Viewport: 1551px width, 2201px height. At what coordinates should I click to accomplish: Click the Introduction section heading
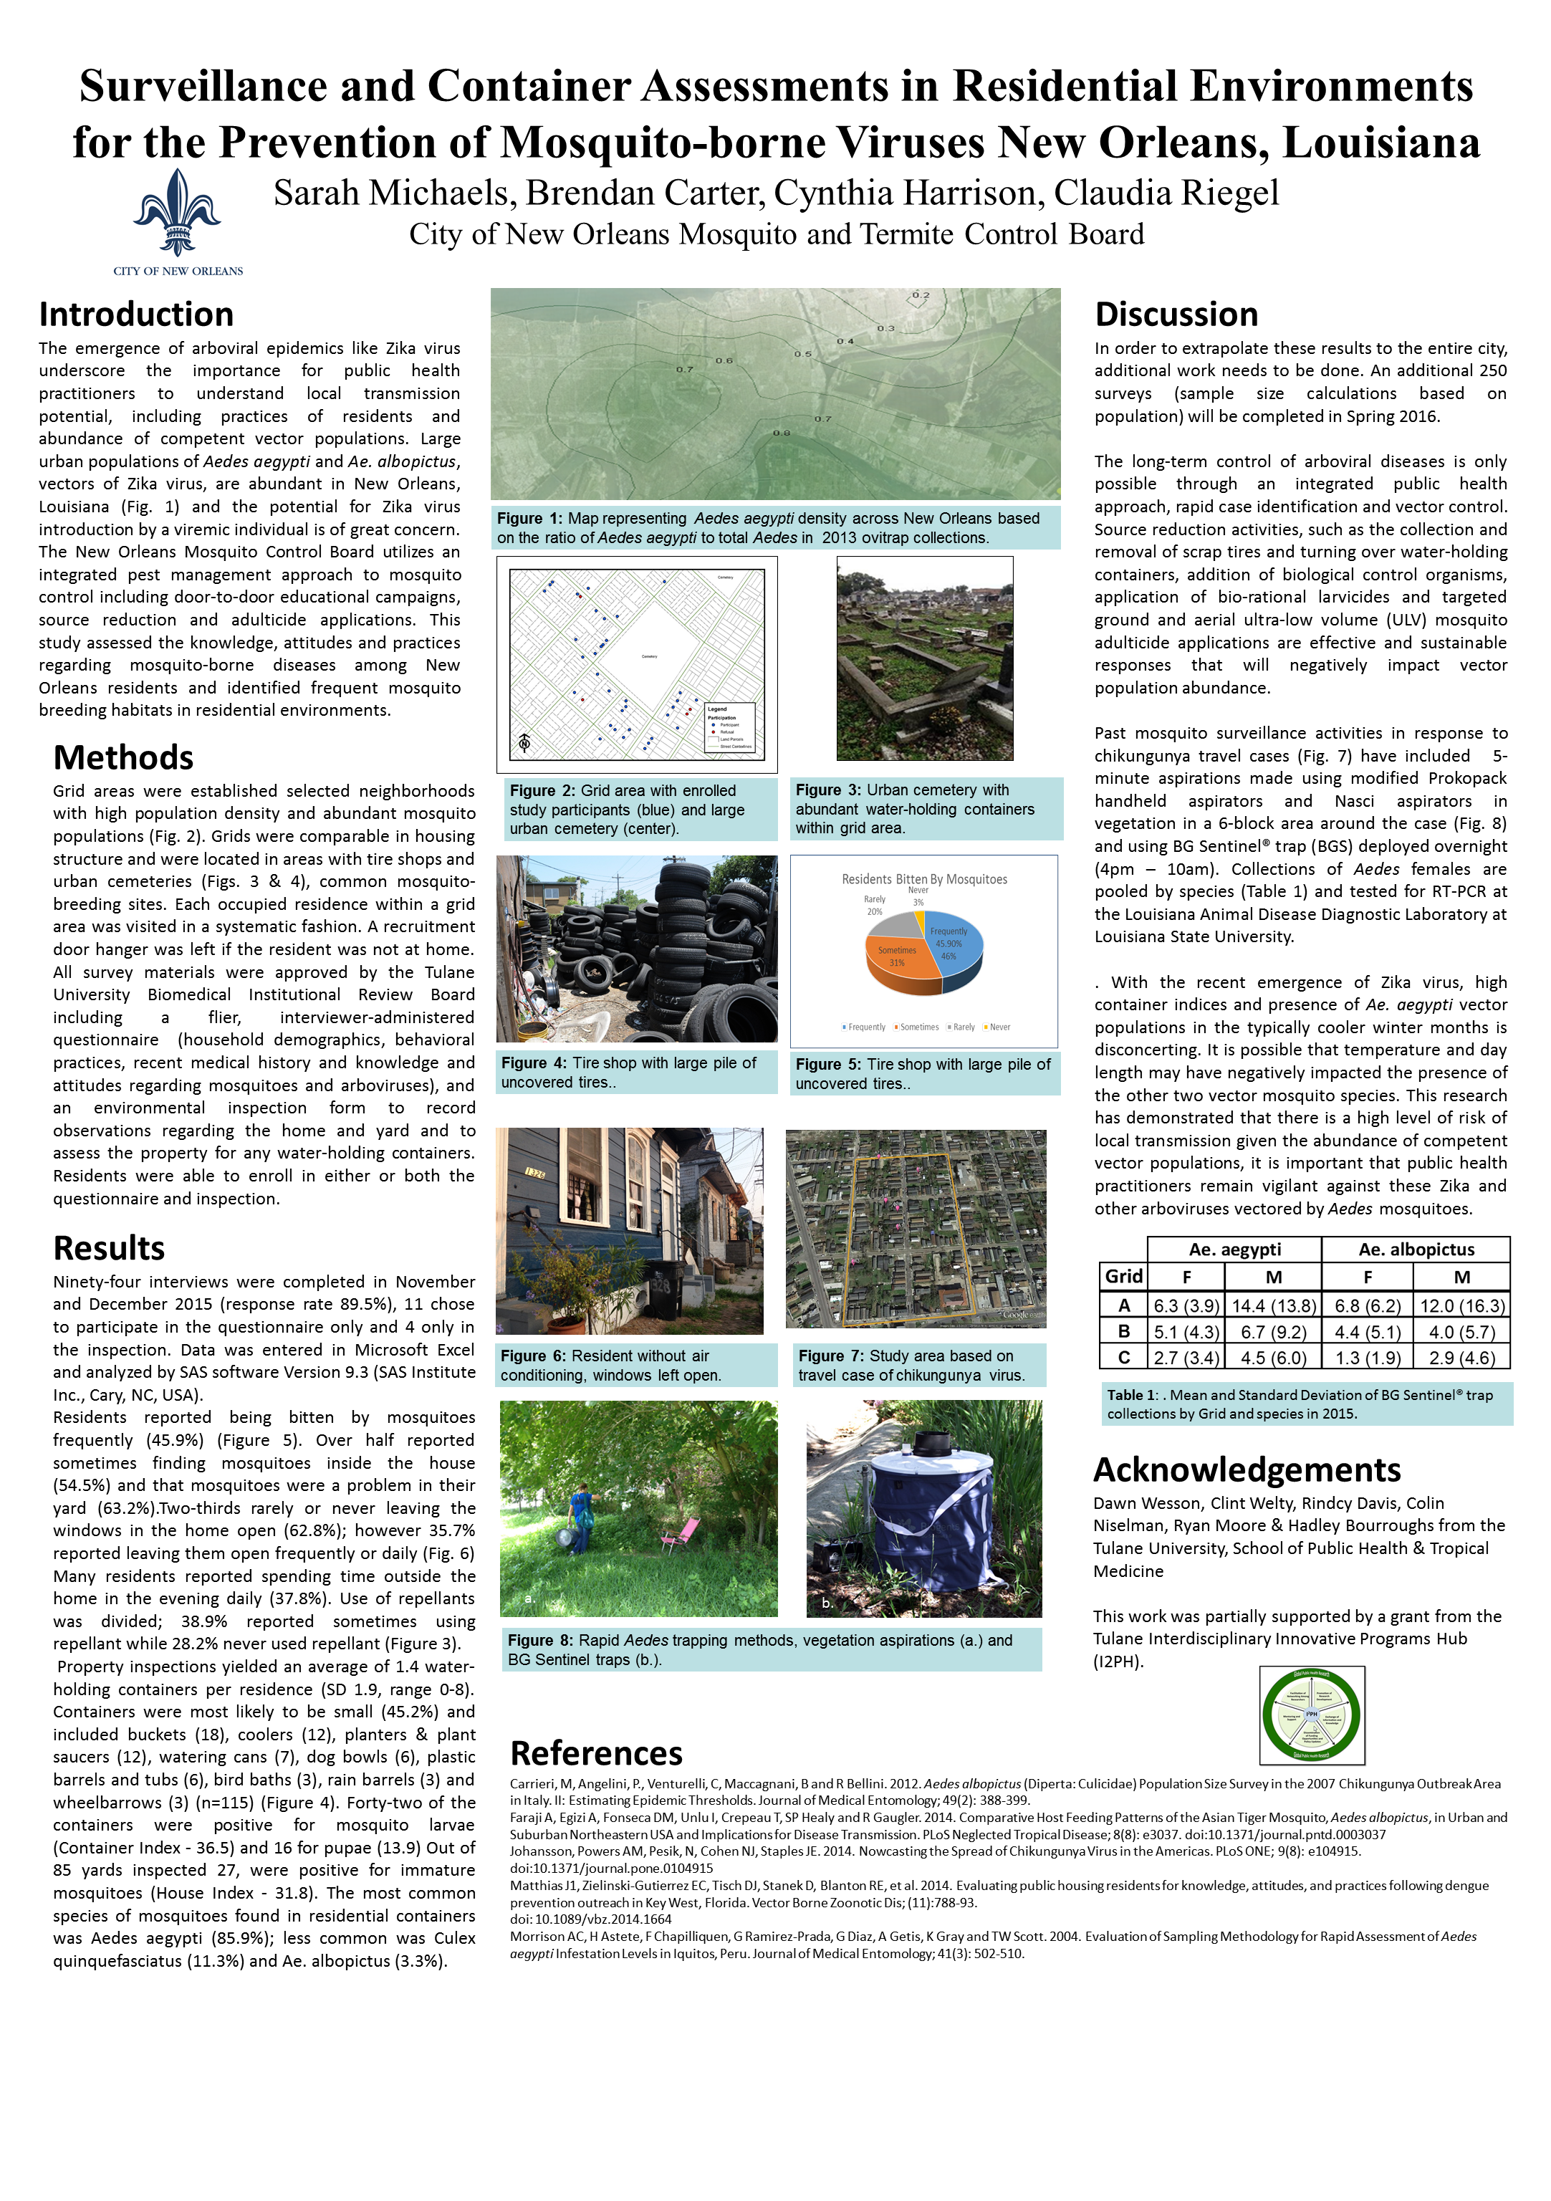tap(136, 315)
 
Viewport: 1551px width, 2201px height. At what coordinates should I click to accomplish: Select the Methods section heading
tap(124, 757)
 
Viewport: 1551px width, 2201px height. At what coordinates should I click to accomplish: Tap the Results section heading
tap(110, 1248)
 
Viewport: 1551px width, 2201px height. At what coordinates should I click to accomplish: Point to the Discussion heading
tap(1176, 315)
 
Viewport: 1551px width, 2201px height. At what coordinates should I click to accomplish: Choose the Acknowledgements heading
tap(1246, 1469)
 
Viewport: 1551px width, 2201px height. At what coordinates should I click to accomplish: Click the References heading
tap(596, 1753)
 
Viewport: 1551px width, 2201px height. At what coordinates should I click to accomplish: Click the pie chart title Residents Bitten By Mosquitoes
tap(924, 879)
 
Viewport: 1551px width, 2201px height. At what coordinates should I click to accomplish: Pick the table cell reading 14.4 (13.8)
tap(1273, 1305)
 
